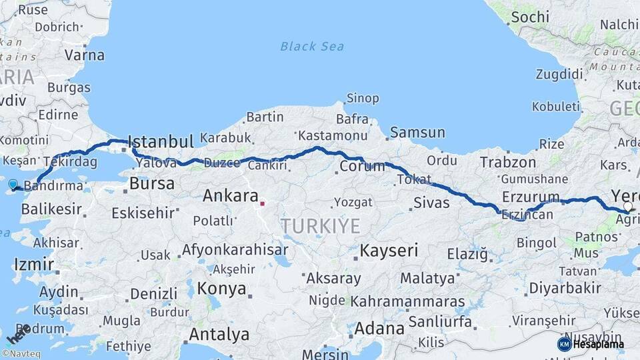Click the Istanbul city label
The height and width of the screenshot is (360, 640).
[x=160, y=141]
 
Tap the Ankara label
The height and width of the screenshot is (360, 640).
[x=230, y=196]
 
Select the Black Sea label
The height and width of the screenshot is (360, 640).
[x=312, y=46]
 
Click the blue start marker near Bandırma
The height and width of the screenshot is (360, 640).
[x=13, y=184]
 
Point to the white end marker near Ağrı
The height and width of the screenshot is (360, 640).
[x=627, y=207]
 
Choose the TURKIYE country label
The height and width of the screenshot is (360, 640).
[x=320, y=225]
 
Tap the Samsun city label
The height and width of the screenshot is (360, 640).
[x=417, y=132]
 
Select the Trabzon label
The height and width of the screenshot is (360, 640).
[x=507, y=162]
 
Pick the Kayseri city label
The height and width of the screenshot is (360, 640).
[x=389, y=251]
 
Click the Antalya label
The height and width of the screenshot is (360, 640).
[x=219, y=333]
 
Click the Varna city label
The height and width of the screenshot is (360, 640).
[x=84, y=55]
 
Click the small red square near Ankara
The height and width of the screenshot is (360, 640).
[x=263, y=204]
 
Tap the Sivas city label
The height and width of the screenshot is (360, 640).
[x=431, y=203]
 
